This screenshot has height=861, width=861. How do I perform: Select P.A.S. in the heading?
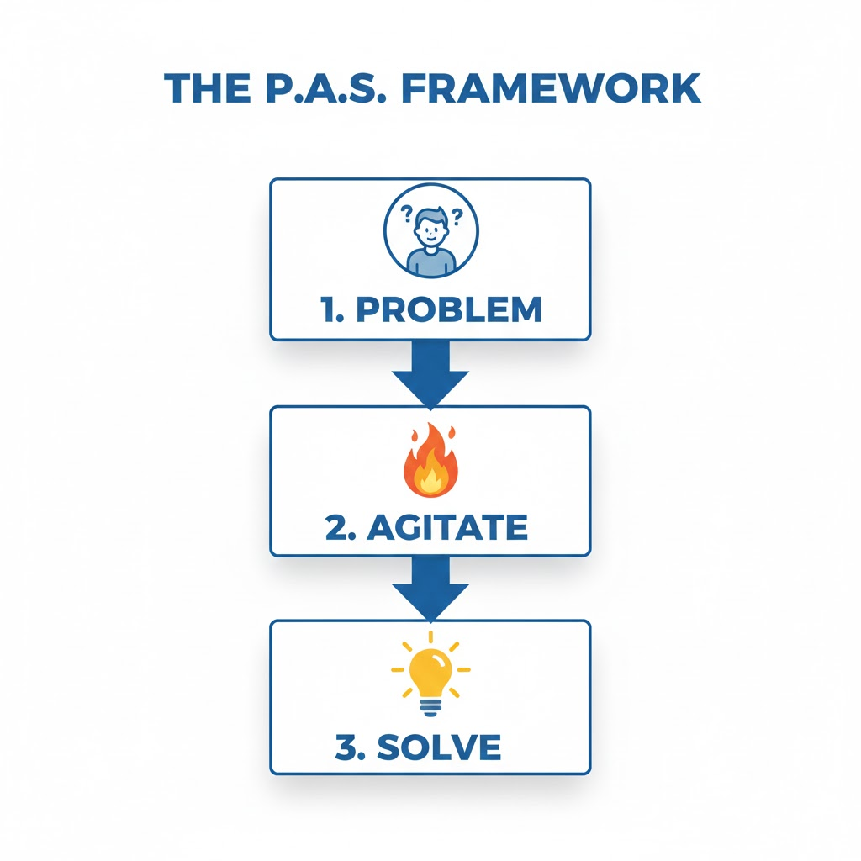point(322,89)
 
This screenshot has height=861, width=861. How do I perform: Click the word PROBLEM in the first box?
point(449,309)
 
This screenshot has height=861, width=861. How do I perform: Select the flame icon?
point(430,463)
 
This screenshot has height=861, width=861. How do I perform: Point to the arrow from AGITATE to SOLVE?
point(430,588)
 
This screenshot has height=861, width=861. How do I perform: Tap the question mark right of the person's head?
point(457,218)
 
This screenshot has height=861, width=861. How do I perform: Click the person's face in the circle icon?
point(430,230)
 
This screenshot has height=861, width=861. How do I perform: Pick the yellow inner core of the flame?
point(431,480)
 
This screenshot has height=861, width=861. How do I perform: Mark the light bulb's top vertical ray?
point(430,637)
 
